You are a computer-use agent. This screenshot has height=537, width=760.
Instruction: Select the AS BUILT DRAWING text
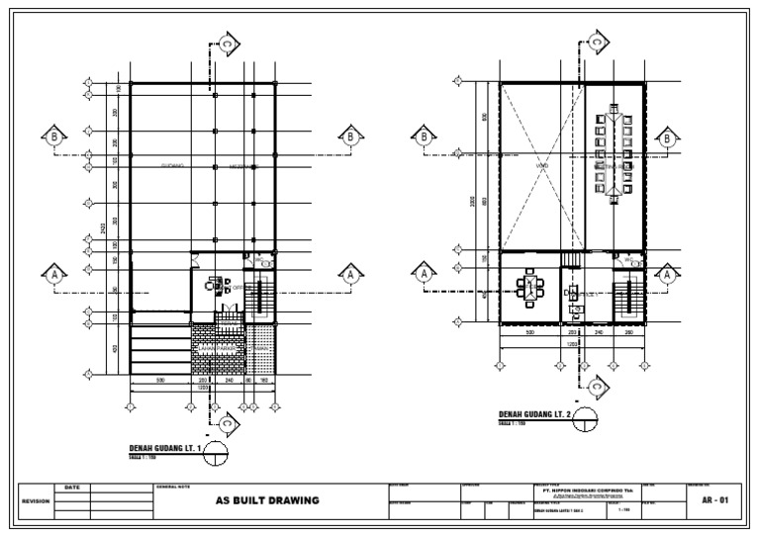[268, 500]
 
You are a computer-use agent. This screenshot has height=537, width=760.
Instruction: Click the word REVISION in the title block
[36, 501]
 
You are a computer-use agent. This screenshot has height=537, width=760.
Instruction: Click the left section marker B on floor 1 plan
[53, 137]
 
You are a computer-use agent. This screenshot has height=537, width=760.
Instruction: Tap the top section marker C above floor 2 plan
[597, 43]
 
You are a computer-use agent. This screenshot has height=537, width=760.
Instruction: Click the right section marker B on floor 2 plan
[673, 137]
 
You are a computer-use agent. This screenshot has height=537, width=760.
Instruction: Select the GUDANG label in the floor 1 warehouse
[174, 166]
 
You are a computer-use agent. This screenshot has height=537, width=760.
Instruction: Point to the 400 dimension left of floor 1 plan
[117, 348]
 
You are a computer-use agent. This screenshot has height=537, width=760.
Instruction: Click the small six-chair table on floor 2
[530, 289]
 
